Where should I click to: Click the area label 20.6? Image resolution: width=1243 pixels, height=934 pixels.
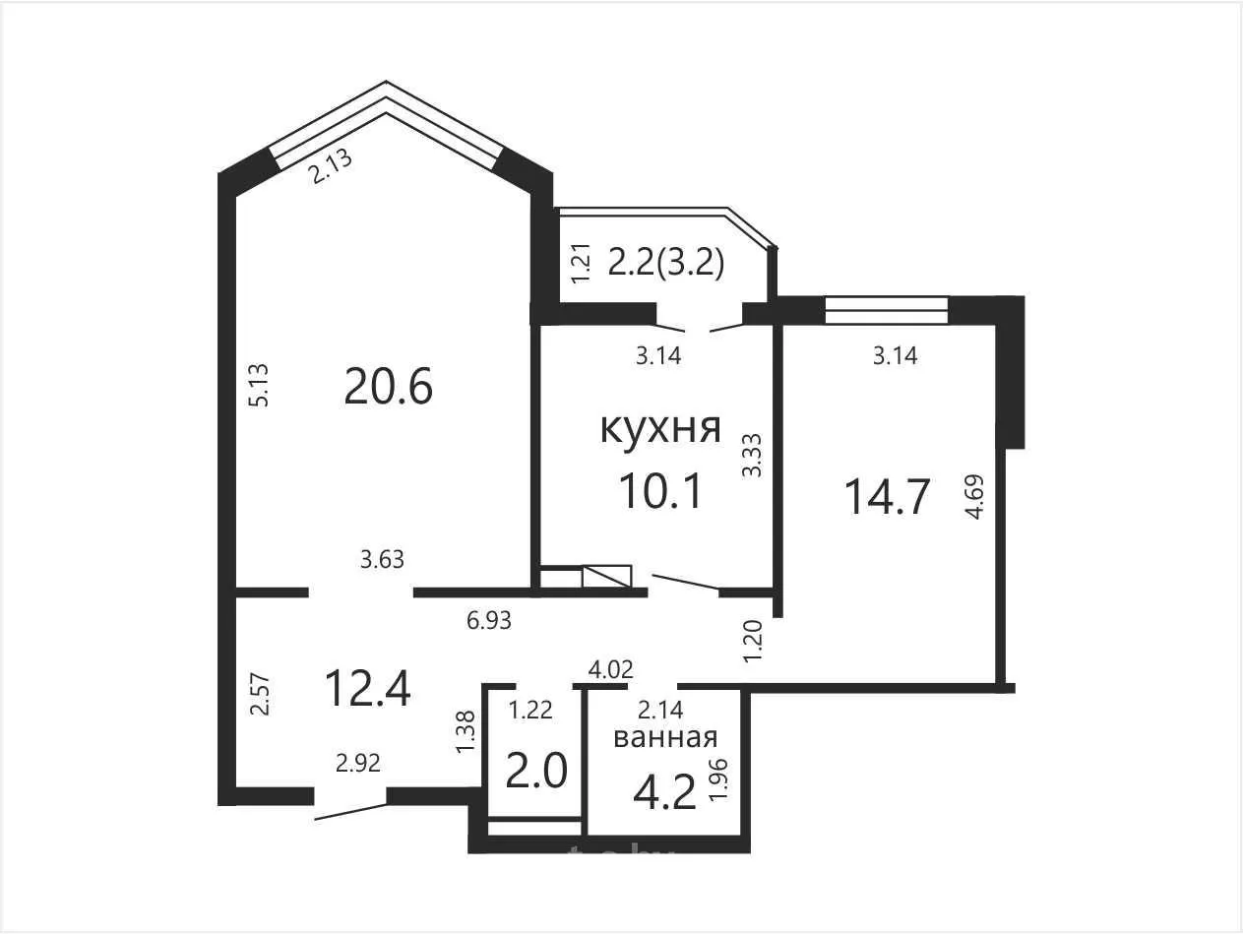tap(388, 386)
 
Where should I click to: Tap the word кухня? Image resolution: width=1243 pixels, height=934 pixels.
tap(660, 428)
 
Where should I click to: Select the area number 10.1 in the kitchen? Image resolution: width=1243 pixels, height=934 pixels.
tap(660, 490)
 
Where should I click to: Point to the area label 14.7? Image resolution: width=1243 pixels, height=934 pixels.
tap(887, 497)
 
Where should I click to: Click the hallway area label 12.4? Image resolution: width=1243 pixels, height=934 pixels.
tap(368, 688)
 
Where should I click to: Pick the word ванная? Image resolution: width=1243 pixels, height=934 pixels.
tap(666, 737)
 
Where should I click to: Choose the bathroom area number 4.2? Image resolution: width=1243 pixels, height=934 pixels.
tap(664, 792)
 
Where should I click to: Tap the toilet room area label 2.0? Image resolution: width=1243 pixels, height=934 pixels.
tap(535, 772)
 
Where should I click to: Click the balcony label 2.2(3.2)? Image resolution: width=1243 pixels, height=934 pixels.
tap(666, 264)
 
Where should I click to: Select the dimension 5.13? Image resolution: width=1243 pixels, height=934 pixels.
tap(260, 385)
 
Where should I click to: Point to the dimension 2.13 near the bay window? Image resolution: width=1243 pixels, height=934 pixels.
tap(330, 165)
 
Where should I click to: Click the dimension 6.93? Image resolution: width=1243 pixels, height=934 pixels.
tap(489, 621)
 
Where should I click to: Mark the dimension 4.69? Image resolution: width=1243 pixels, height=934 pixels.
tap(975, 497)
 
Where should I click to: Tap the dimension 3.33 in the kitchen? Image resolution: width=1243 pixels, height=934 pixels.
tap(752, 456)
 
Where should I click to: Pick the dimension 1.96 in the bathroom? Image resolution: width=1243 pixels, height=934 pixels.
tap(717, 779)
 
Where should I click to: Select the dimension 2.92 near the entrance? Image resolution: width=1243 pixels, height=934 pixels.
tap(358, 764)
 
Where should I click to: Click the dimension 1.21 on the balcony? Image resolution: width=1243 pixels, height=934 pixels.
tap(582, 264)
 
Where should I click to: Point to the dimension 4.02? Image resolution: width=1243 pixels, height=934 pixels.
tap(610, 669)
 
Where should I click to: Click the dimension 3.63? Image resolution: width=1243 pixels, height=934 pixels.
tap(382, 560)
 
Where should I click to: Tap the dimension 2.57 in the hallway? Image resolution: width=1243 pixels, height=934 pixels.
tap(261, 695)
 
